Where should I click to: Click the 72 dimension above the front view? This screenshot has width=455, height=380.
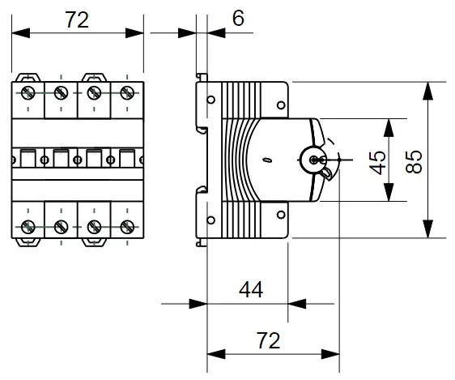tap(77, 19)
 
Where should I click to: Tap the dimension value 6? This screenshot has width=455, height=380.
tap(238, 19)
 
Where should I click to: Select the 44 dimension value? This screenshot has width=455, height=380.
tap(251, 289)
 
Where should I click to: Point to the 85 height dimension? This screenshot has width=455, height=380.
tap(413, 162)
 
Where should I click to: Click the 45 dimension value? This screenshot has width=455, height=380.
tap(377, 163)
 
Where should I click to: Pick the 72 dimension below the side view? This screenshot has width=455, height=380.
tap(269, 340)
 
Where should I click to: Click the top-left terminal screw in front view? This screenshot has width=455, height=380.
tap(28, 93)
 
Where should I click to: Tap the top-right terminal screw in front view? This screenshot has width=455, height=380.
tap(127, 93)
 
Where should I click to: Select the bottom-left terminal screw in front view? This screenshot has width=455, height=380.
tap(28, 227)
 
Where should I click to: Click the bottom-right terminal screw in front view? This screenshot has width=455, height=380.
tap(127, 227)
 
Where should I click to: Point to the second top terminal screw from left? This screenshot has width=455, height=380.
tap(61, 93)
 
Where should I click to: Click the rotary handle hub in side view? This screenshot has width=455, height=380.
tap(313, 160)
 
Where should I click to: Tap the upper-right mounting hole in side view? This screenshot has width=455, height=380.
tap(281, 105)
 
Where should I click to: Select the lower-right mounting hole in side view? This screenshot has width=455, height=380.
tap(281, 215)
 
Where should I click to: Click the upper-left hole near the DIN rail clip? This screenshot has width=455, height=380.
tap(211, 100)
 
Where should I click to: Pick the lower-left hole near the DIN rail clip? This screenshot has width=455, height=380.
tap(211, 220)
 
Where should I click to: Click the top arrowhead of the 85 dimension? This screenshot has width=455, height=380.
tap(427, 91)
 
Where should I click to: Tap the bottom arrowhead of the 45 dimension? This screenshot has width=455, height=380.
tap(389, 192)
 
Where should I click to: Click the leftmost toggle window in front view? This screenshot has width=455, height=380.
tap(28, 158)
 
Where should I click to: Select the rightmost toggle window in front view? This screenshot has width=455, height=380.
tap(127, 158)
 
